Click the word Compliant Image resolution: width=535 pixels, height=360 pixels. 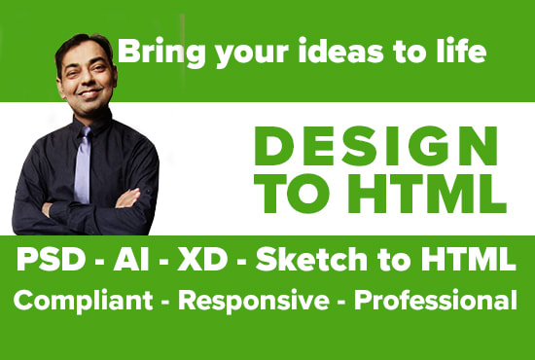pyautogui.click(x=74, y=302)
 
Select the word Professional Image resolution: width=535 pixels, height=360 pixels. pyautogui.click(x=435, y=302)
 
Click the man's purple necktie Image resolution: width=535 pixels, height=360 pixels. pyautogui.click(x=81, y=161)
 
